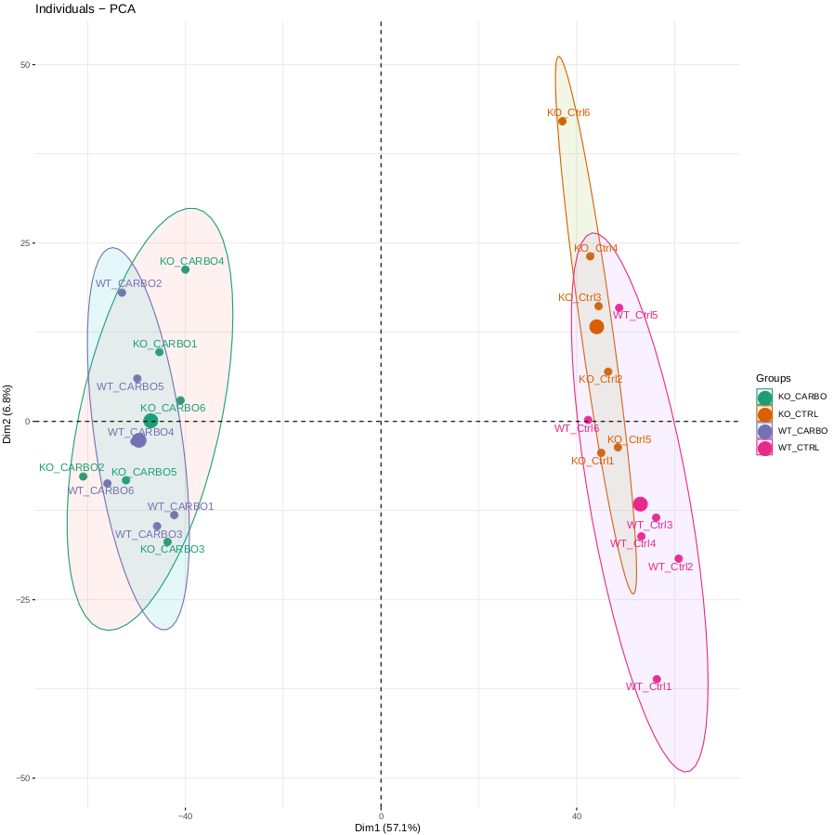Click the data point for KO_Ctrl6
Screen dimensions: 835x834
[x=562, y=121]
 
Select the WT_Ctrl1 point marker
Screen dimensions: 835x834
[x=657, y=679]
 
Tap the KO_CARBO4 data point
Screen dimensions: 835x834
[x=185, y=269]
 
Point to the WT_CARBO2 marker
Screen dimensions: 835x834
[x=122, y=293]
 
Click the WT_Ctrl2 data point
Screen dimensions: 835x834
[x=678, y=559]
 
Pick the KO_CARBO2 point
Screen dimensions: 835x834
[x=83, y=476]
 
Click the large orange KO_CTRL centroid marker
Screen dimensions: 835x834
[x=596, y=327]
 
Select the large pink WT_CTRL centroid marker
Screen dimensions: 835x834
[x=640, y=504]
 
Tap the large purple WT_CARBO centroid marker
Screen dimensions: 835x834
[x=138, y=440]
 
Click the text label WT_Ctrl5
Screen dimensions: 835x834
[x=635, y=316]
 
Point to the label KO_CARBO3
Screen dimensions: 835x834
[x=172, y=549]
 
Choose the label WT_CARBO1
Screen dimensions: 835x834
[x=180, y=506]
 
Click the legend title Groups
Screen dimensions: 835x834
[x=773, y=378]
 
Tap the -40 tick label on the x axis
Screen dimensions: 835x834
[x=185, y=816]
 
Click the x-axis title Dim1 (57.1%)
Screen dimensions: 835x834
[x=387, y=828]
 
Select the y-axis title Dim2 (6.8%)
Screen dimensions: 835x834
[x=7, y=414]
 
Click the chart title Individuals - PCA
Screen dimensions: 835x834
[x=85, y=8]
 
